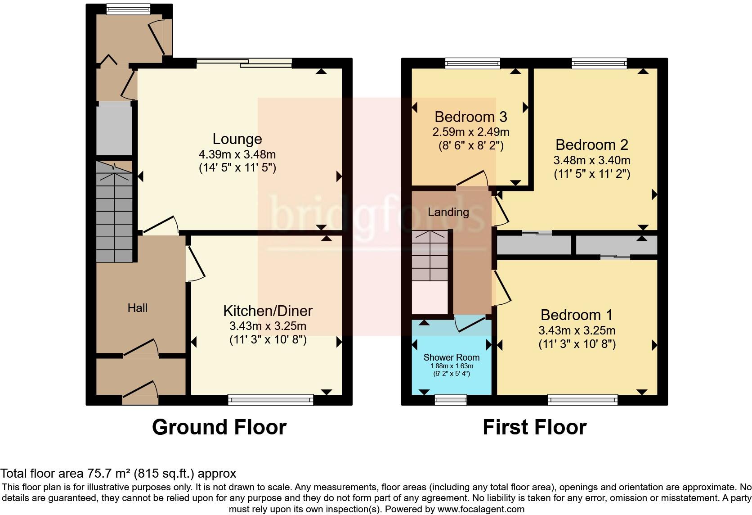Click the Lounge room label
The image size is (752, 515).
(237, 139)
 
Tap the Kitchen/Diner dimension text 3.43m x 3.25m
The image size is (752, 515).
(268, 326)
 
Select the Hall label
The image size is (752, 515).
(138, 308)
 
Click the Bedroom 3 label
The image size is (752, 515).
(470, 117)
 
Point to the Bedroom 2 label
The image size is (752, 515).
(591, 145)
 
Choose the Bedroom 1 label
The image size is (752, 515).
(577, 315)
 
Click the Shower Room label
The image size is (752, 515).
(451, 357)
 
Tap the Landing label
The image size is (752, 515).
(448, 212)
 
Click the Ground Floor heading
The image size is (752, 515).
(219, 427)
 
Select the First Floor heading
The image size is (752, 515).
(534, 427)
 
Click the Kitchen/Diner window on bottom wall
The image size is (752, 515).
(270, 398)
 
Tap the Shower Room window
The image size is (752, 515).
(451, 398)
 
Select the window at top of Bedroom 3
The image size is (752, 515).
(472, 63)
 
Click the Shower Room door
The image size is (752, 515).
(470, 323)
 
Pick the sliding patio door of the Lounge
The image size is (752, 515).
(244, 63)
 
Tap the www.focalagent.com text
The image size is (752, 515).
(481, 510)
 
